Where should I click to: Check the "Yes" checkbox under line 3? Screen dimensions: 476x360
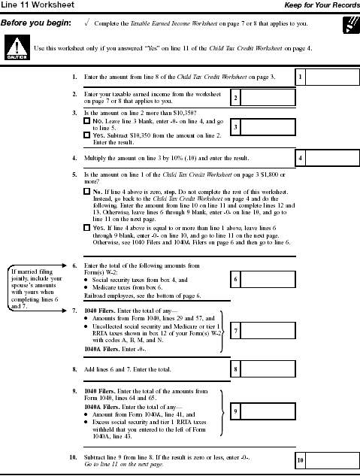coord(86,135)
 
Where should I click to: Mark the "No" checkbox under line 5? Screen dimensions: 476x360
coord(86,193)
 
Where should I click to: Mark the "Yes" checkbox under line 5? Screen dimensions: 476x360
coord(86,228)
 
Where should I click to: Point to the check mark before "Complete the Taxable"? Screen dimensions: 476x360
coord(87,23)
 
